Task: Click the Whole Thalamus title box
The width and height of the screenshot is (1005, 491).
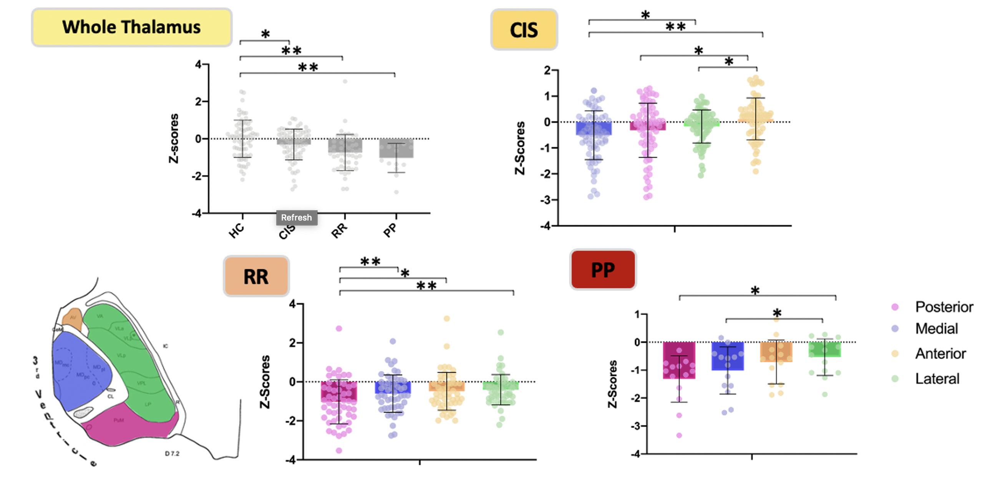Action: coord(131,27)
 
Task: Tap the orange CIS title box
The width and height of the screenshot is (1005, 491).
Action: coord(524,30)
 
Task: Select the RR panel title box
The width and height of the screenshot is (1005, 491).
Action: coord(256,276)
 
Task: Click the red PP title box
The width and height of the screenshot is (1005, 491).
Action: coord(603,270)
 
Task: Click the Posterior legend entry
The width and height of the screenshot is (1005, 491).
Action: coord(944,307)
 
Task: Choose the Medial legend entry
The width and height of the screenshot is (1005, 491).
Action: coord(936,328)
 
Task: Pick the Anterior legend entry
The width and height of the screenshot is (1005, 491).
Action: coord(940,353)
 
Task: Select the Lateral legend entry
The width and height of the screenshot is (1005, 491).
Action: coord(937,378)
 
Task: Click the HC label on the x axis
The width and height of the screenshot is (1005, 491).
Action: coord(236,230)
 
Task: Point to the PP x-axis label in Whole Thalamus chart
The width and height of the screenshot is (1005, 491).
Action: coord(390,230)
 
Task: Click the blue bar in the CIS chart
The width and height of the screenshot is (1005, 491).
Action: coord(594,128)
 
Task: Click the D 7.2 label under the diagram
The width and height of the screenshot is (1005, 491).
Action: coord(172,453)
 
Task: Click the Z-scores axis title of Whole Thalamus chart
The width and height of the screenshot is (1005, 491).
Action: coord(174,139)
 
